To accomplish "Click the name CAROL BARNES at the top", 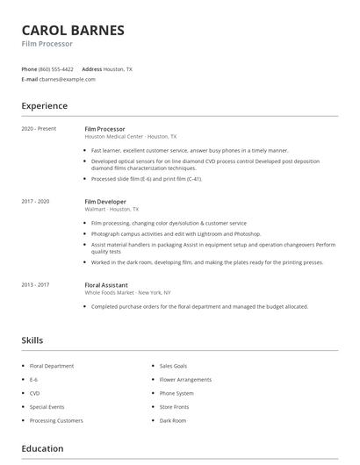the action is pos(73,30).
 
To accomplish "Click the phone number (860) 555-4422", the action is pos(56,68).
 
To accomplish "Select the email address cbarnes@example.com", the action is pos(67,79).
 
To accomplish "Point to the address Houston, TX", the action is pos(118,68).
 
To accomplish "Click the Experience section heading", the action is pos(44,106).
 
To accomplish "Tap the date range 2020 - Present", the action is pos(39,129).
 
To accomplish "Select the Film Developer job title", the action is pos(106,201).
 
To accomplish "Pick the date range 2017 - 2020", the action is pos(35,201).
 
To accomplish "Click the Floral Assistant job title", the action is pos(106,284).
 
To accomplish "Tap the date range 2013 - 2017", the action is pos(35,284).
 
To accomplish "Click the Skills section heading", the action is pos(32,340).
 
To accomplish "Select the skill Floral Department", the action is pos(52,366).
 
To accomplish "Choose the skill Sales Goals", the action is pos(174,366).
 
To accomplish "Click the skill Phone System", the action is pos(176,393).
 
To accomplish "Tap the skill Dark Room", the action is pos(173,420).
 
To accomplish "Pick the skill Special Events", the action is pos(47,407).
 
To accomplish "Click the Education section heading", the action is pos(42,448).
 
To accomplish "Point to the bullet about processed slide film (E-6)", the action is pos(146,179).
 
